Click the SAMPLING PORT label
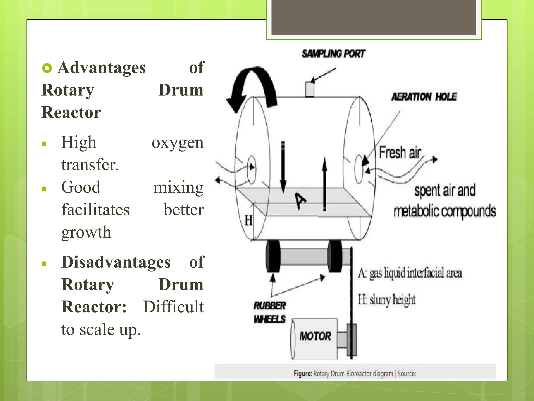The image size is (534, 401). click(x=333, y=54)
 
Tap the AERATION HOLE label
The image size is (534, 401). click(x=424, y=97)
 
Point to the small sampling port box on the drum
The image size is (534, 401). click(x=310, y=89)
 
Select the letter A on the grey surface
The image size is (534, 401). click(x=300, y=201)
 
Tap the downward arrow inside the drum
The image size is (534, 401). click(x=283, y=167)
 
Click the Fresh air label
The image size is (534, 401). click(x=400, y=152)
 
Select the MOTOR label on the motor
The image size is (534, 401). click(x=315, y=336)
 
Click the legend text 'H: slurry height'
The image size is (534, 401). click(x=386, y=299)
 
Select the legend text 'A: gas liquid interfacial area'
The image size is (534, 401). click(x=410, y=273)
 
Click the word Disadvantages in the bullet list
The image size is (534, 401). click(x=116, y=262)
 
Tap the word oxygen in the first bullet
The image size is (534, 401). click(x=177, y=143)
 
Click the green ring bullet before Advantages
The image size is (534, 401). click(x=47, y=68)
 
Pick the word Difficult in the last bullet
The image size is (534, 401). click(x=173, y=307)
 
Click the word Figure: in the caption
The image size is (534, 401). click(x=303, y=374)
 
